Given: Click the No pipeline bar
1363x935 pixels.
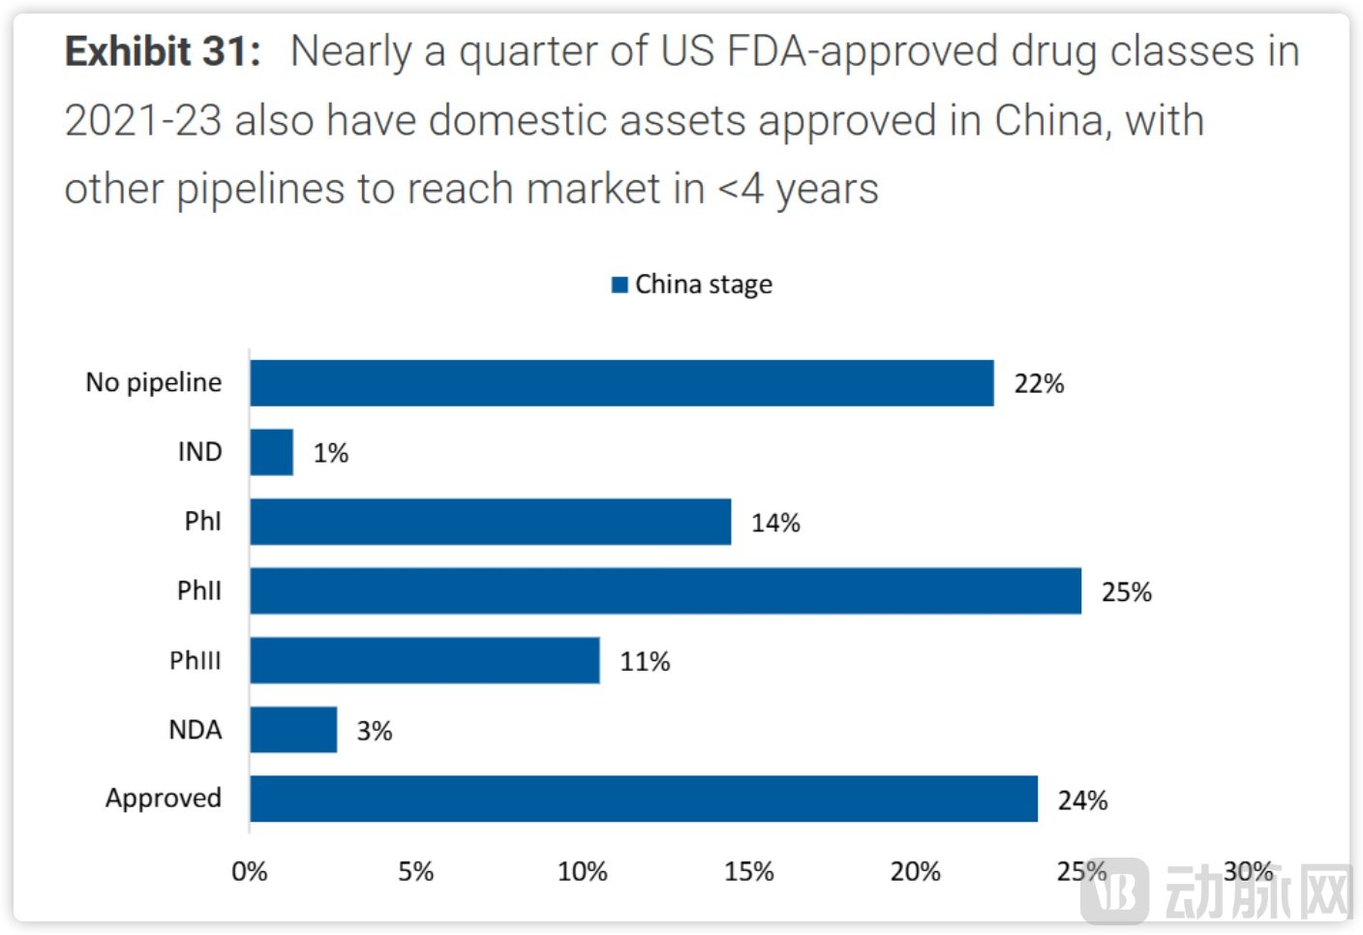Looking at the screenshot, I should coord(621,383).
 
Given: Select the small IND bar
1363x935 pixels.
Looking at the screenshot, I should coord(272,452).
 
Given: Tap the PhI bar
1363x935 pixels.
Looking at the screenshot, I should coord(490,522).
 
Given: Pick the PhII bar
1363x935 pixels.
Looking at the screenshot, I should coord(665,590).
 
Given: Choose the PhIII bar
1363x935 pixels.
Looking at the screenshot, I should coord(425,660).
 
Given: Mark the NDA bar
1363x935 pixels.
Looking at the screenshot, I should coord(293,730).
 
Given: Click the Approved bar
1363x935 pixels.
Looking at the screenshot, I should coord(644,799).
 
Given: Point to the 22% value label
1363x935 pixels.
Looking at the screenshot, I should coord(1039,384).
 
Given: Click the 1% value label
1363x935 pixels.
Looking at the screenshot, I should coord(330,453).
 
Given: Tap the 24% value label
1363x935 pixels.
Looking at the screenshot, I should coord(1082,800).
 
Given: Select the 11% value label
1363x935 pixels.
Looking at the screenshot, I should coord(645,662).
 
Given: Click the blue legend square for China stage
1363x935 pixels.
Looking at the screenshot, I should coord(621,285).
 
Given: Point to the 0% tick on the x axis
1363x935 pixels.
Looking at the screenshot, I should coord(250,872).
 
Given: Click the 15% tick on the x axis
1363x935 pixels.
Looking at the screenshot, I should coord(749,872).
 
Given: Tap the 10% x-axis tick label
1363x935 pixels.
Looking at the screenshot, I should coord(583,872).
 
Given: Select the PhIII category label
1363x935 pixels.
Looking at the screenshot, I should coord(196,660).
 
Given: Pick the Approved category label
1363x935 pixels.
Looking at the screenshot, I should coord(164,799).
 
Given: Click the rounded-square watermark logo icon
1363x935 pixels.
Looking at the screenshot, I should coord(1115,890).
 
